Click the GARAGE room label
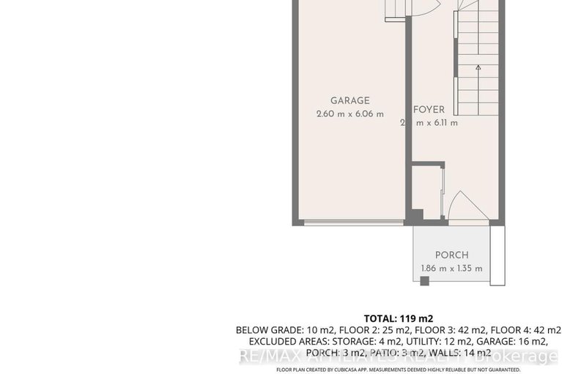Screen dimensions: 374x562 [350, 100]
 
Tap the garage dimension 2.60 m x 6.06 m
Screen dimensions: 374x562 [350, 113]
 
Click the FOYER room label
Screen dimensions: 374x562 [429, 109]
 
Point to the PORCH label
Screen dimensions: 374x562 [451, 255]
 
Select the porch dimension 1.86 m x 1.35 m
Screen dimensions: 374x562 [451, 268]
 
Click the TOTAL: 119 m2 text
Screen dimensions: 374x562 [398, 318]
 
